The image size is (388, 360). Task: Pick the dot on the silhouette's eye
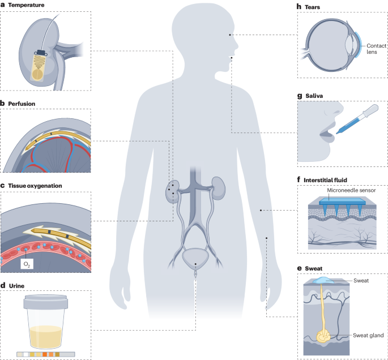pos(230,35)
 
